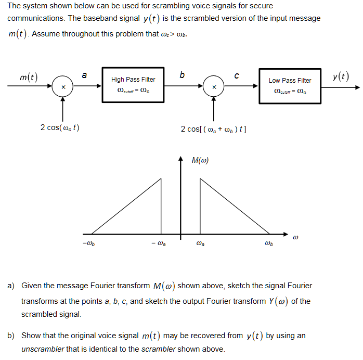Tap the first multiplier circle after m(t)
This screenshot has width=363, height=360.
pyautogui.click(x=63, y=86)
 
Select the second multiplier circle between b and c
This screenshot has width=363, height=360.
pyautogui.click(x=213, y=86)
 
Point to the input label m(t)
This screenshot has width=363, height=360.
pyautogui.click(x=29, y=78)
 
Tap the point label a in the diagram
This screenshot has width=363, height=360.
pyautogui.click(x=84, y=75)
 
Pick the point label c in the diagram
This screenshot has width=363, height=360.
pyautogui.click(x=237, y=76)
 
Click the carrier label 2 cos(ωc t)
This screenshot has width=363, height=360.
pyautogui.click(x=60, y=128)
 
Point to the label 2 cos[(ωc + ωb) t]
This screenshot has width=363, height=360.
pyautogui.click(x=213, y=128)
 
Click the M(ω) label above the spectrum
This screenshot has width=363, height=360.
pyautogui.click(x=200, y=160)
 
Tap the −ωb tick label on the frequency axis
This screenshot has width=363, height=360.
pyautogui.click(x=88, y=242)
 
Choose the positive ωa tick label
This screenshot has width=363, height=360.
pyautogui.click(x=200, y=242)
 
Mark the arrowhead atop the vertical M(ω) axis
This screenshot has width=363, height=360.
pyautogui.click(x=181, y=158)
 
